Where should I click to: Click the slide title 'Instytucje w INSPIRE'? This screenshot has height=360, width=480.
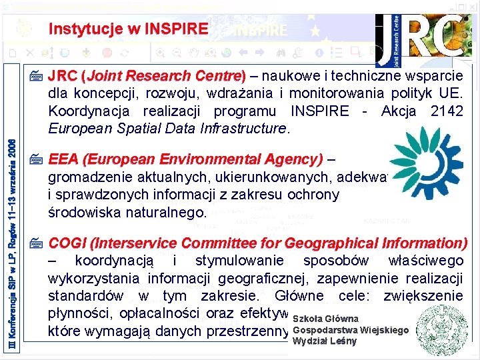128,29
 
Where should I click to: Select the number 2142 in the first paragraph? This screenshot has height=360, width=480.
447,111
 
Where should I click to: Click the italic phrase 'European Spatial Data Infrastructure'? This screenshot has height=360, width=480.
167,128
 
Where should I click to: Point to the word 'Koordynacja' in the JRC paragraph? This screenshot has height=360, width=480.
85,111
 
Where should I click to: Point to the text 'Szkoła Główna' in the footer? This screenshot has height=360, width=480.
325,319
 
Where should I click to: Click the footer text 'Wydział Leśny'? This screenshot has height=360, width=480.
325,341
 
